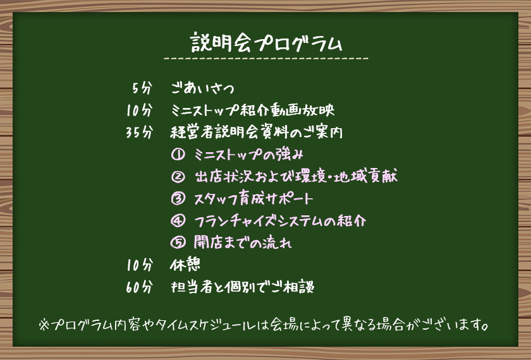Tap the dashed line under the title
pos(266,59)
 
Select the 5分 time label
pos(143,88)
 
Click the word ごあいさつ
pos(203,88)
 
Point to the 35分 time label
pos(139,133)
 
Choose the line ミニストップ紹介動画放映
pos(252,111)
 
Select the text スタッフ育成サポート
pos(253,199)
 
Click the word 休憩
pos(185,265)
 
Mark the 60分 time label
pos(139,287)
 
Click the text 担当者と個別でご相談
pos(242,287)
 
